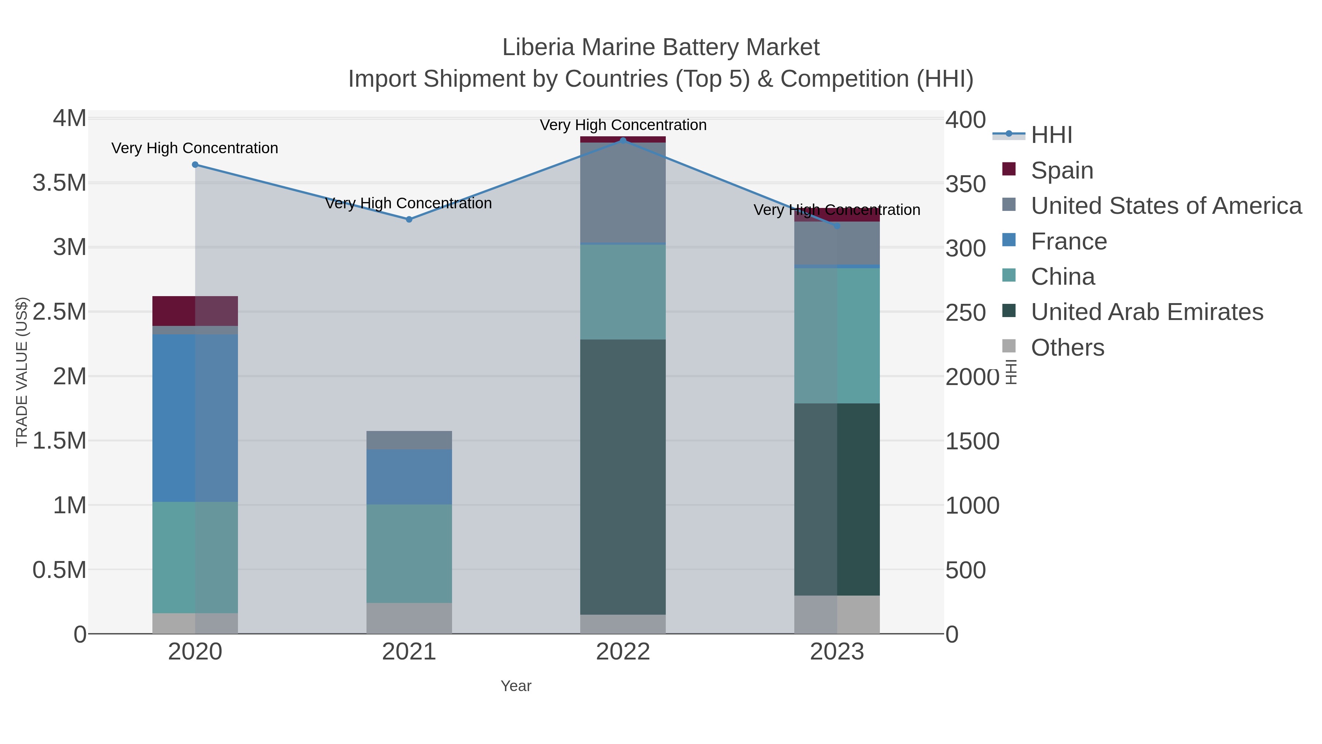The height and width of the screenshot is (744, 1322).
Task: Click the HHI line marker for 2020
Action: click(x=195, y=165)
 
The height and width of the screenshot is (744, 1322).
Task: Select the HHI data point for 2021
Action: click(x=409, y=219)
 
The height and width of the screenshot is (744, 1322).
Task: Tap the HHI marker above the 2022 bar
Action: click(x=623, y=140)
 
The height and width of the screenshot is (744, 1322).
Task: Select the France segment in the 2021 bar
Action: click(x=409, y=477)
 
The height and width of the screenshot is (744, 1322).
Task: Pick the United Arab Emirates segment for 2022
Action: click(x=623, y=477)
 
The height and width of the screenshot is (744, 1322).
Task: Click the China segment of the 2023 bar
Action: click(x=837, y=335)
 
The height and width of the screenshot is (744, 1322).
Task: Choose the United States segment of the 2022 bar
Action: click(x=623, y=193)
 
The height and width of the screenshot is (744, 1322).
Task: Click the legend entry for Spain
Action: click(x=1061, y=170)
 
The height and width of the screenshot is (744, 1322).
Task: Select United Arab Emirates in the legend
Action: click(x=1146, y=312)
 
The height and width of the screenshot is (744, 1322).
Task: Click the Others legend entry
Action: click(x=1067, y=348)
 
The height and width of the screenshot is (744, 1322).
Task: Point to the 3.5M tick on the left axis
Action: click(x=59, y=183)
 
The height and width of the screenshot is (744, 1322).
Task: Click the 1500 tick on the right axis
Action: click(x=972, y=441)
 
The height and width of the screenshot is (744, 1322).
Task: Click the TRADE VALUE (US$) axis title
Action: click(x=22, y=372)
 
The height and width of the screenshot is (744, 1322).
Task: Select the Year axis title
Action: click(x=516, y=686)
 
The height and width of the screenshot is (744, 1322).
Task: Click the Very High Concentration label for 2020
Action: click(x=195, y=148)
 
